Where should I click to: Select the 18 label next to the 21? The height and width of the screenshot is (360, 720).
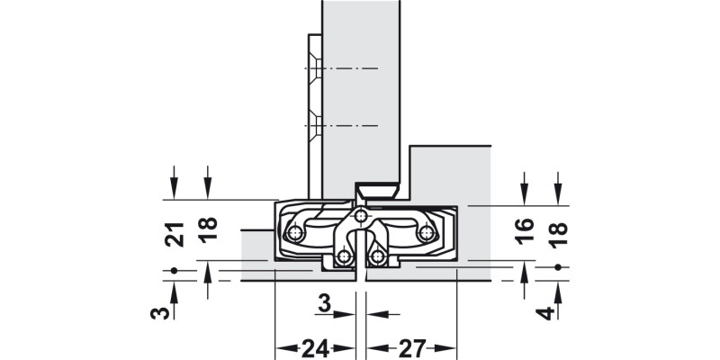coord(208,230)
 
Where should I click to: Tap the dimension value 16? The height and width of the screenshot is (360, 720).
coord(526,232)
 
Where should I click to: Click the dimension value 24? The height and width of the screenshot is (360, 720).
coord(313,347)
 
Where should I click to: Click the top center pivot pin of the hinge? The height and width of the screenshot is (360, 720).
coord(360,216)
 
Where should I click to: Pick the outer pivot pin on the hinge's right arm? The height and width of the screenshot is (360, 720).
coord(427,235)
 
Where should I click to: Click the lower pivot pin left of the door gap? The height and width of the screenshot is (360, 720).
coord(344,258)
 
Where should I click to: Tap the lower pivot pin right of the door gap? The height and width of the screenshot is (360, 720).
coord(378,258)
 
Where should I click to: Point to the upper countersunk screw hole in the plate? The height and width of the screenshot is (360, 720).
coord(313,68)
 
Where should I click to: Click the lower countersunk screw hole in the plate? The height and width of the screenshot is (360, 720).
coord(313,121)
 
